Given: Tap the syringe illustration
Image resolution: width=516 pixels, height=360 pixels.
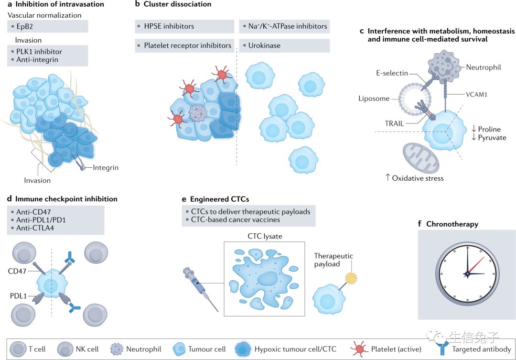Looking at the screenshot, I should pos(196,284).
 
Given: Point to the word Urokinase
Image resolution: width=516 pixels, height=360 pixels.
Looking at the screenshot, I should pos(264,46).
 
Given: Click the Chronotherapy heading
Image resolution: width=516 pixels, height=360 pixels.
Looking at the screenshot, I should pos(452,224).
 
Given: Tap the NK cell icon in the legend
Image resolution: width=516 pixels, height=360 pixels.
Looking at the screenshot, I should pos(65,349).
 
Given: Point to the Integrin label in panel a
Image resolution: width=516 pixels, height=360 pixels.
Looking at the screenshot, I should pos(106,168).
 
